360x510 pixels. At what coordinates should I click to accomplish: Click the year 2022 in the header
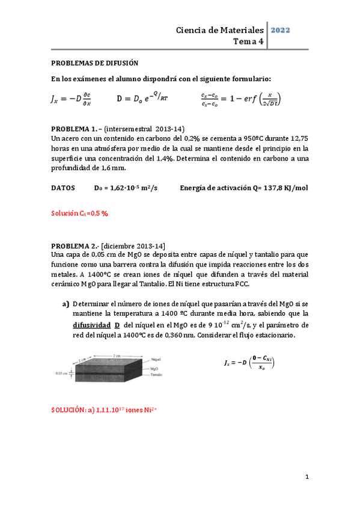(x=282, y=29)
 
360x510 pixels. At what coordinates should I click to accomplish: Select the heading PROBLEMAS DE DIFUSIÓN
(x=94, y=62)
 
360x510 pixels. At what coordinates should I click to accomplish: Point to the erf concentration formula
(x=240, y=99)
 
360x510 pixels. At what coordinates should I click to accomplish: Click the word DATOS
(x=63, y=188)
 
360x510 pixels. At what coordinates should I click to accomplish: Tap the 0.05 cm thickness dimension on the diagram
(x=62, y=373)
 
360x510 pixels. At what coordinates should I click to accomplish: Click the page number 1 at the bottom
(x=307, y=477)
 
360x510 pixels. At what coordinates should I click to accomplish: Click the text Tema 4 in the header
(x=248, y=41)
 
